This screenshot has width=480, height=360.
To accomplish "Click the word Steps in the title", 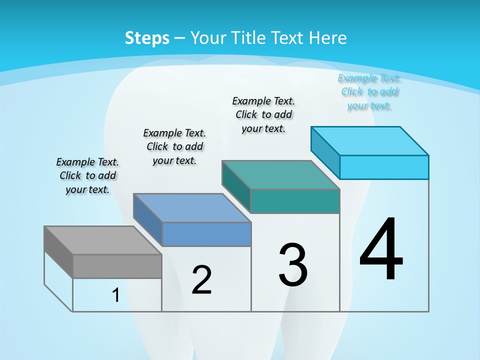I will point(147,38).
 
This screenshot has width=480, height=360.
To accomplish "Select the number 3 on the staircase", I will point(293,264).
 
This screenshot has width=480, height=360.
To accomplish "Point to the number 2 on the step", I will point(201,280).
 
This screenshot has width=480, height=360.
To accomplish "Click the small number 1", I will point(116,295).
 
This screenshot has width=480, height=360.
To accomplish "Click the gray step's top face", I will point(103,240).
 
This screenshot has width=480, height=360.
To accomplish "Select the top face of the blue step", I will point(192,208).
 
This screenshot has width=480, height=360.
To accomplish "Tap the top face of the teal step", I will point(280,175).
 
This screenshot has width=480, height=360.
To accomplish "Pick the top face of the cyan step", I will point(370,141).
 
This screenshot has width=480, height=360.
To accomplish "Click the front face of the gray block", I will point(117,266).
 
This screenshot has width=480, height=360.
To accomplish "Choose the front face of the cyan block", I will point(384,167).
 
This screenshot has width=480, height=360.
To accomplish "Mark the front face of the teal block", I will point(295,201).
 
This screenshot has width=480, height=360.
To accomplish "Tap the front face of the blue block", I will point(206,234).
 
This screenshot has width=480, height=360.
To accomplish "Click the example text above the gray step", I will point(87,175).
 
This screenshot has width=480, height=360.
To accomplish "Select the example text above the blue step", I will point(174,146).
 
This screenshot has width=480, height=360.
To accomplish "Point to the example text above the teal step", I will point(263,114).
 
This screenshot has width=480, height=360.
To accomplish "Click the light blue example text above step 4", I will point(369,91).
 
